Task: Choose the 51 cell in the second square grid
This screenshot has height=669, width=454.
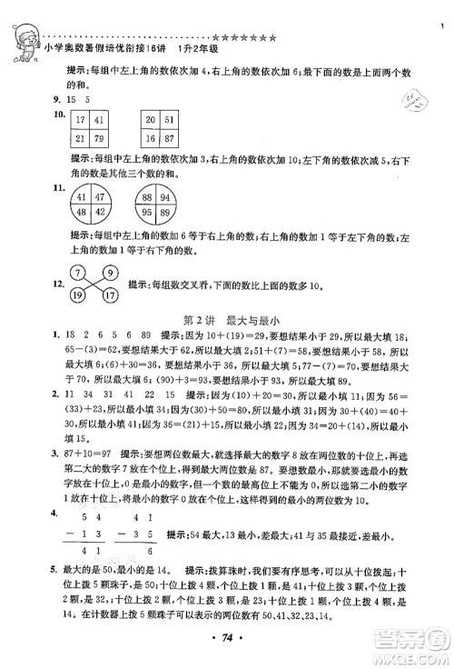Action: click(x=171, y=119)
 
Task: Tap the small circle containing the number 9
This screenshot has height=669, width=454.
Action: click(x=111, y=270)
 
